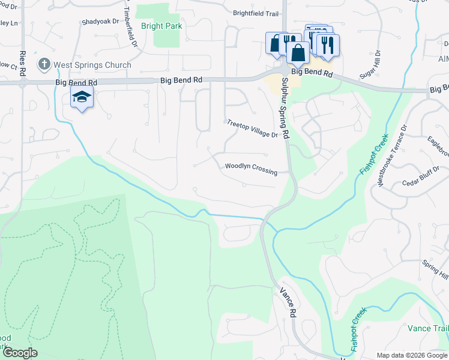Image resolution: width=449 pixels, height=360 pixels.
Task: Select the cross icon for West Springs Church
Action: [x=43, y=64]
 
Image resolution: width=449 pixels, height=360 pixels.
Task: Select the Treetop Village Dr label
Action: [x=252, y=129]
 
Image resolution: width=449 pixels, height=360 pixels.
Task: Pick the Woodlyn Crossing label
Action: [x=251, y=169]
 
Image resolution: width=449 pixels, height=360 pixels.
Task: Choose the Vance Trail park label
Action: [x=427, y=328]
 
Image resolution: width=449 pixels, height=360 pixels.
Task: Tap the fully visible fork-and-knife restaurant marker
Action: [x=327, y=47]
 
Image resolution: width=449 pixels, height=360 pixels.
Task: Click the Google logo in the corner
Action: [x=20, y=353]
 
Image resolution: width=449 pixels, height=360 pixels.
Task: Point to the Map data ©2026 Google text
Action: [x=411, y=355]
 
